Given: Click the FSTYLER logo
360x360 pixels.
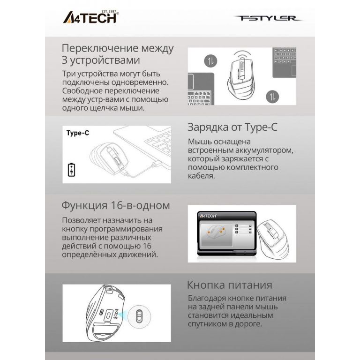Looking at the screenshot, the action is coord(268,18).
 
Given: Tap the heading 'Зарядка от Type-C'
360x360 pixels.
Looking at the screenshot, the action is coord(232,127).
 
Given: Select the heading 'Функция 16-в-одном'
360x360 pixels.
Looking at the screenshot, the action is coord(116,205).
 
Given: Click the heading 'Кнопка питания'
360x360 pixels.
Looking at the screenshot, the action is coord(230,285).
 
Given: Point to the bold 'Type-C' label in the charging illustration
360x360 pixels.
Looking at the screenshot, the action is coord(78,133).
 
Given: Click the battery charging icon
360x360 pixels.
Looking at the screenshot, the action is coord(72,170).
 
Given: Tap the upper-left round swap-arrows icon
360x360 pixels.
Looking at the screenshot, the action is coord(210,61).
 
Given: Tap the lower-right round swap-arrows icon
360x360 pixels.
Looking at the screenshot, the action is coord(272,97).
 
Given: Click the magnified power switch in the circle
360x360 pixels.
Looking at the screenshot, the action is coord(139,316).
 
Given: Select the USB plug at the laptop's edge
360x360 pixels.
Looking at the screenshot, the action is coord(157,164).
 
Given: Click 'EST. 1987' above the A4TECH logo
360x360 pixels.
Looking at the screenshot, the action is coord(109,11).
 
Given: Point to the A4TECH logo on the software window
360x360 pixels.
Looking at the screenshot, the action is coord(208,216).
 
